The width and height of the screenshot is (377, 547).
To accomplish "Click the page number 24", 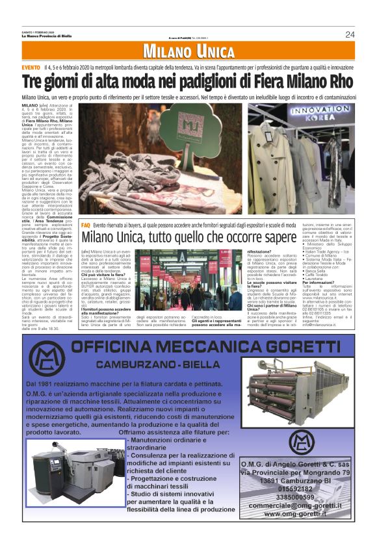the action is pyautogui.click(x=350, y=34).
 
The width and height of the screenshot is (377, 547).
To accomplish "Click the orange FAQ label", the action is pyautogui.click(x=86, y=224).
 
